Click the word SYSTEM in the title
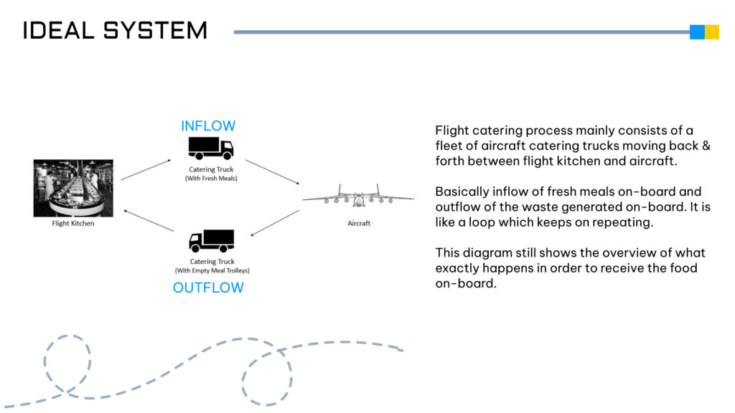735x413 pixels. coord(156,31)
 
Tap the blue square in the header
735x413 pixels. coord(697,32)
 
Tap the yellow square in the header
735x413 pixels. coord(712,32)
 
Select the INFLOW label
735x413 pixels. coord(208,126)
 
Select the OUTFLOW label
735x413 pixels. coord(208,288)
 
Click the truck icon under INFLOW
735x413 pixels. coord(211,148)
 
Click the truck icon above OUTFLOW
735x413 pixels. coord(212,241)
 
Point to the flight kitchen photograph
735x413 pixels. coord(73,188)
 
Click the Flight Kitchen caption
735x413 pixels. coord(73,224)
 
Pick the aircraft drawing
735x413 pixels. coord(358,195)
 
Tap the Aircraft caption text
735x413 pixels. coord(358,224)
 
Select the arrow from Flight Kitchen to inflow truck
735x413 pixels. coord(146,170)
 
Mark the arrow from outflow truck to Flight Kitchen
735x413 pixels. coord(149,219)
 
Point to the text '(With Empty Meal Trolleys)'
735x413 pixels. coord(212,271)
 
